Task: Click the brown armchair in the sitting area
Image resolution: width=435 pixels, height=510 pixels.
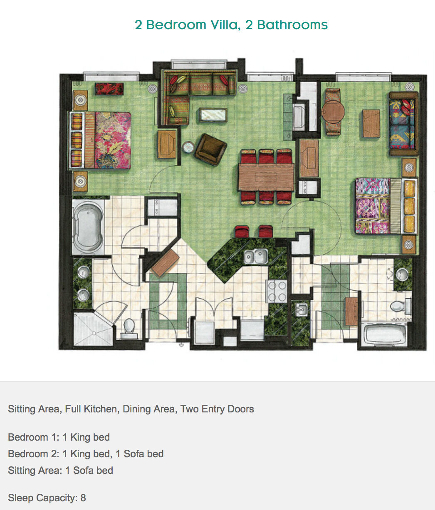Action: coord(211,149)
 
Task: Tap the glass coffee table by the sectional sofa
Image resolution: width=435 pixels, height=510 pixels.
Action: coord(213,115)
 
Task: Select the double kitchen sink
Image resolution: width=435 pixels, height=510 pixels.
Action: coord(256,256)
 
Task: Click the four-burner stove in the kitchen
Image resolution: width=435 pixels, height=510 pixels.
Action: coord(277,292)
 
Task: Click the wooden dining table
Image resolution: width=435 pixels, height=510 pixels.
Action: coord(266,177)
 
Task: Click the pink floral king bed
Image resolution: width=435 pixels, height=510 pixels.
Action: coord(100,140)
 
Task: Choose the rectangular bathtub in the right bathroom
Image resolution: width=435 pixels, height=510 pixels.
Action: coord(384,334)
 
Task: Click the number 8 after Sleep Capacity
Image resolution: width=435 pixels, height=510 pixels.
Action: coord(83,498)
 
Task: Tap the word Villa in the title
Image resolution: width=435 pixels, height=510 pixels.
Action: coord(225,25)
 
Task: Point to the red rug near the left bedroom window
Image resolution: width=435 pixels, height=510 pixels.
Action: coord(109,89)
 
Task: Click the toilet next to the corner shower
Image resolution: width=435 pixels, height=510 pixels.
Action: coord(129,329)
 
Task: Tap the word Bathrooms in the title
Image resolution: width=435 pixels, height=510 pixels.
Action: coord(292,25)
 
